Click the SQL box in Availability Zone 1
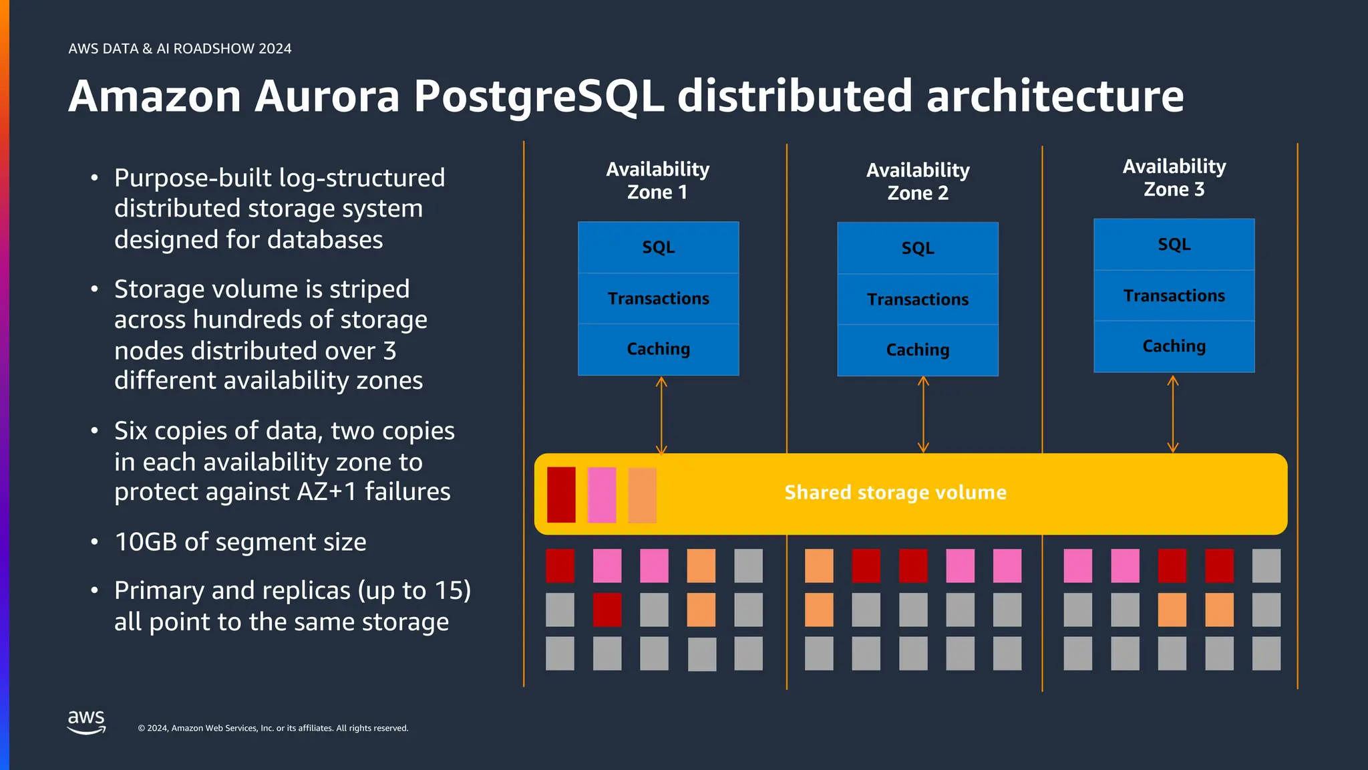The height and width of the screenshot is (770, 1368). [x=658, y=247]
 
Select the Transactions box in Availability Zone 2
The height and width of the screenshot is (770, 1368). [x=917, y=299]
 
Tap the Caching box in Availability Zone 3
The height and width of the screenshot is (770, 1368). [x=1174, y=346]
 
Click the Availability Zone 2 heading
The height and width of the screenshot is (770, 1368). [x=917, y=181]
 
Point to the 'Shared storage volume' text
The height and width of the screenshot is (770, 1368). [x=895, y=493]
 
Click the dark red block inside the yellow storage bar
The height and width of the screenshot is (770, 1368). [x=561, y=495]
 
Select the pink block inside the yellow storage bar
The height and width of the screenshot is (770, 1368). [x=601, y=495]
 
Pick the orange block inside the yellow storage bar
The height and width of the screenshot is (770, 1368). [x=642, y=495]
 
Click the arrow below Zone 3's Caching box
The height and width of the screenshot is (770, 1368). [x=1172, y=414]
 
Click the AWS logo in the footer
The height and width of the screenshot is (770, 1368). [x=86, y=723]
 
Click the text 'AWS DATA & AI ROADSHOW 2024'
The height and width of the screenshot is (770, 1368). [x=180, y=49]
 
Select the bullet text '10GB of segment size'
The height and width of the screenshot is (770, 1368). [x=240, y=542]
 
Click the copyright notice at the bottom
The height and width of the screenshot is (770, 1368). [x=273, y=729]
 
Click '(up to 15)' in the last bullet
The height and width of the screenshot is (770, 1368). [x=414, y=591]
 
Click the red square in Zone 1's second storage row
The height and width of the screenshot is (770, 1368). [x=607, y=610]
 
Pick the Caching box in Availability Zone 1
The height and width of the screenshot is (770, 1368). [x=658, y=349]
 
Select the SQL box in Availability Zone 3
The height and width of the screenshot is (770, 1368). [x=1174, y=245]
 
